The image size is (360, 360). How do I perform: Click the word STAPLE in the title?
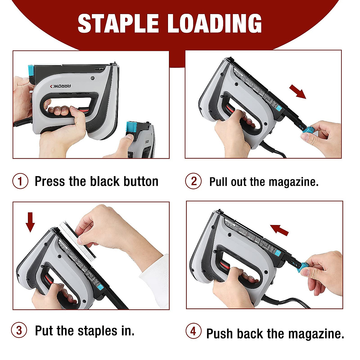coord(118,23)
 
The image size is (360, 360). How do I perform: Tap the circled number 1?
coord(20,181)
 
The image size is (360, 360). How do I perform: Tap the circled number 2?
coord(193,181)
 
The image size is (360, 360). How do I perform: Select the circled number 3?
coord(19,330)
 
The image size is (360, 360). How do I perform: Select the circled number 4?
coord(193,331)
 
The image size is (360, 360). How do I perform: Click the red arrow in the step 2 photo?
coord(297,91)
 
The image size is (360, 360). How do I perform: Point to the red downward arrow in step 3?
coord(30,222)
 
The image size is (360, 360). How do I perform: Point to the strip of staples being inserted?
coord(78,240)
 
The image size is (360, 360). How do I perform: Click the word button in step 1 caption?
coord(141,181)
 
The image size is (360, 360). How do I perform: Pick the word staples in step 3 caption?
coord(97,331)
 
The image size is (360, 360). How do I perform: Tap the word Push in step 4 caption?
coord(219,334)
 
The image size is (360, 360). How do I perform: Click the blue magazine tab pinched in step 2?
coord(307,132)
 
